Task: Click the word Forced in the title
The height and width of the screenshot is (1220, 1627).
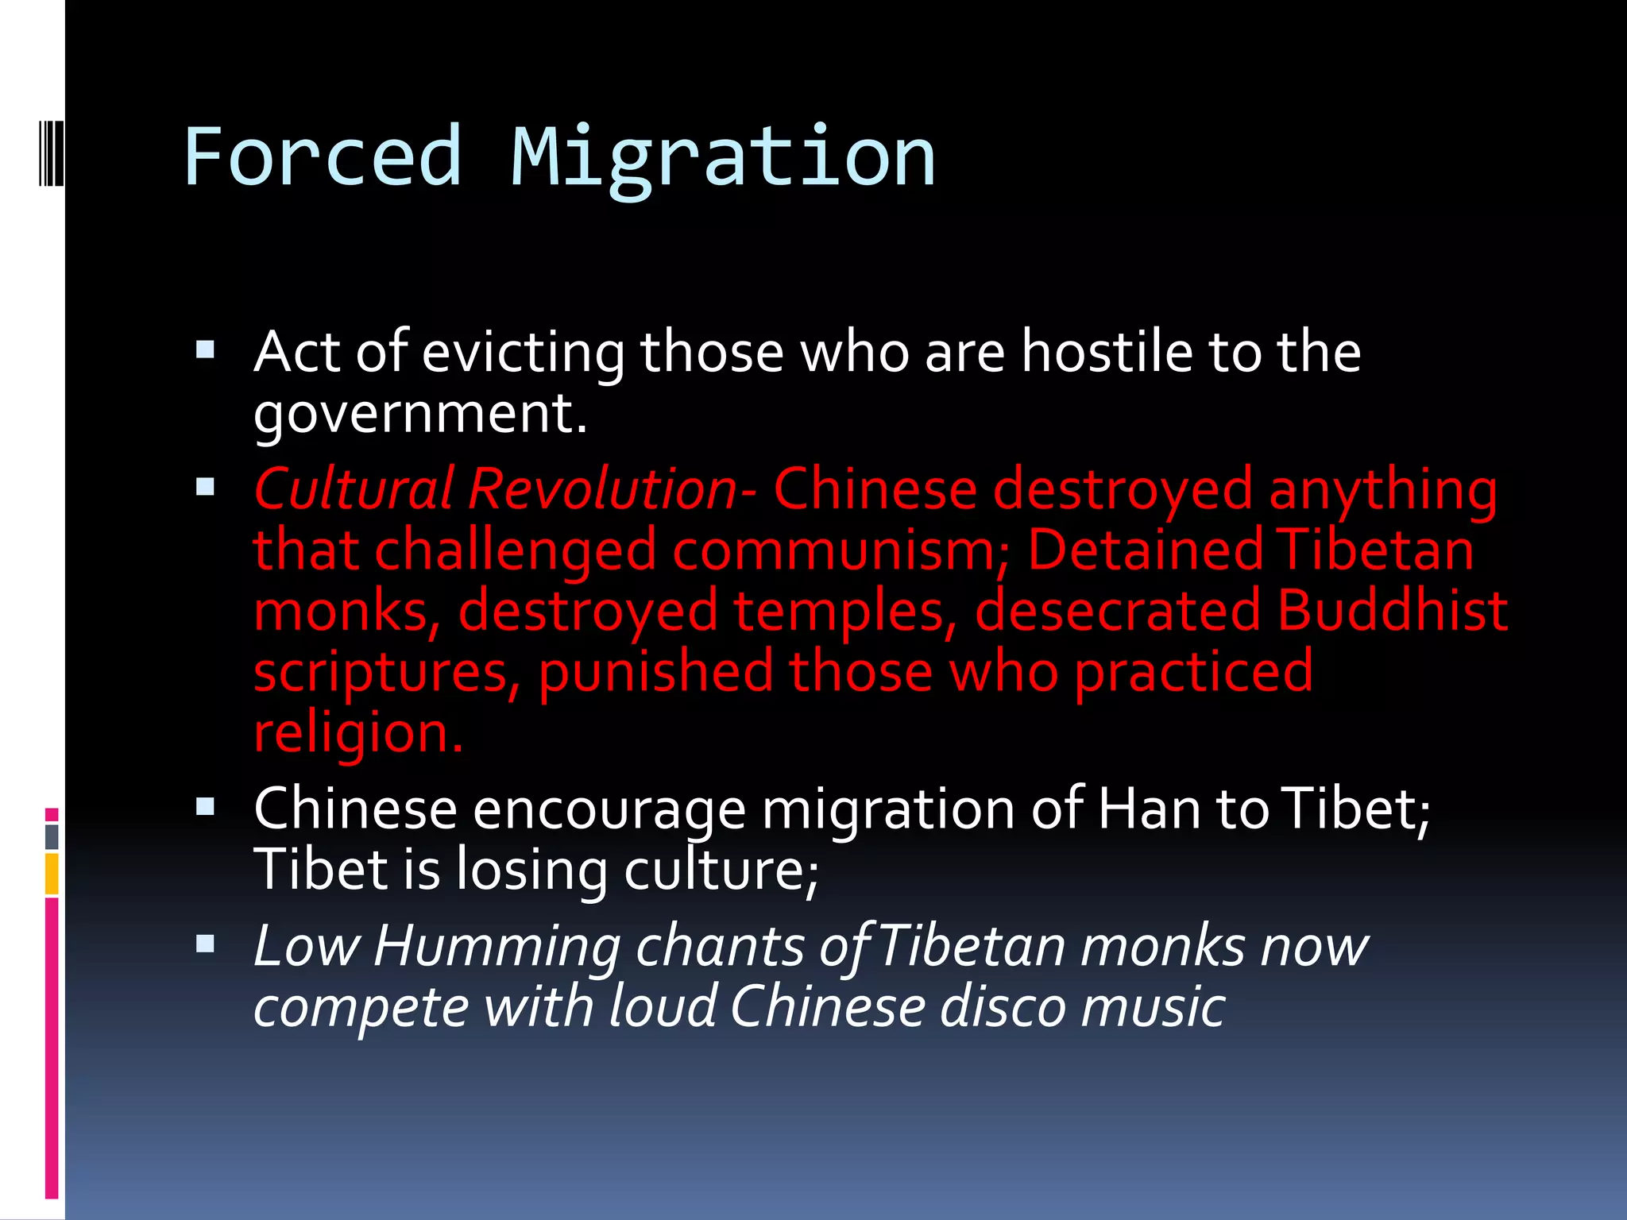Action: [x=322, y=157]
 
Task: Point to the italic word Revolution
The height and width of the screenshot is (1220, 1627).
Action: [x=602, y=488]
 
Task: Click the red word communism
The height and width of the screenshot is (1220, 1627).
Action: [x=840, y=550]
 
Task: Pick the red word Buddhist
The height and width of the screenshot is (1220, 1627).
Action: [x=1393, y=611]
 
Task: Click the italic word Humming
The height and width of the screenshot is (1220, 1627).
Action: [x=497, y=947]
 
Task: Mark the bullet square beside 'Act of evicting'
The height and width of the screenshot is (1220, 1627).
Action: [x=206, y=350]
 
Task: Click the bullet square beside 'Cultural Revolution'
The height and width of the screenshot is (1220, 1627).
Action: [x=206, y=487]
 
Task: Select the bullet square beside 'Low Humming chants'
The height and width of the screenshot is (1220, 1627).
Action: [x=206, y=944]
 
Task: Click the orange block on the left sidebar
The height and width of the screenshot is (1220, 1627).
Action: [x=52, y=874]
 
